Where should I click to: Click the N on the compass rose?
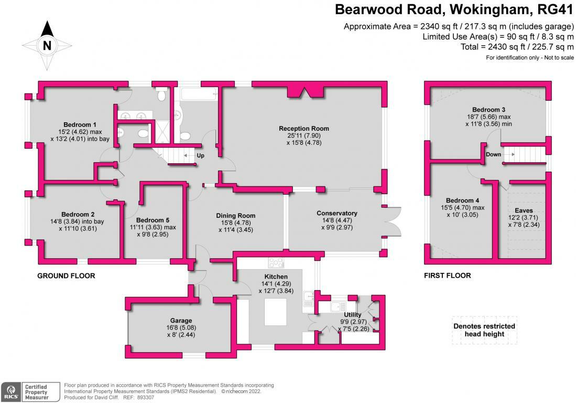pos(47,46)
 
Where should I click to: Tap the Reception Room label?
pos(303,129)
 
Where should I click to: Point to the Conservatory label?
pos(336,213)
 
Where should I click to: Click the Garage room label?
pos(180,320)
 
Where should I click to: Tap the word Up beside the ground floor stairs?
pos(200,155)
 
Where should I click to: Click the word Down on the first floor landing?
pos(493,154)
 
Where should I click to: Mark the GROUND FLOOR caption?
pos(66,275)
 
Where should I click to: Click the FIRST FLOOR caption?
pos(447,275)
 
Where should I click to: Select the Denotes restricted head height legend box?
pos(484,330)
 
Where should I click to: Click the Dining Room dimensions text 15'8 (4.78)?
pos(235,222)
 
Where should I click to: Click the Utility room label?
pos(352,315)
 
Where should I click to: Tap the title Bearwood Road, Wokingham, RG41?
pos(454,10)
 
